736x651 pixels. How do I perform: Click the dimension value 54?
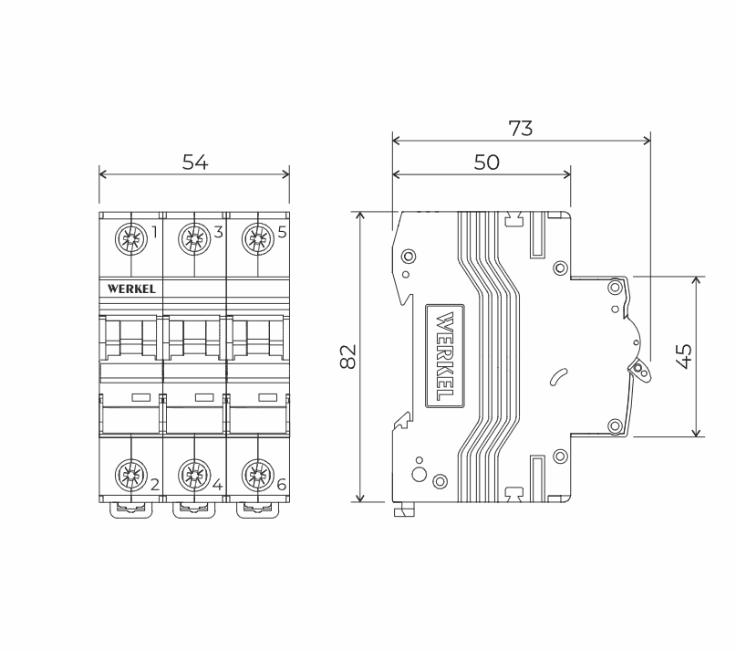pos(195,163)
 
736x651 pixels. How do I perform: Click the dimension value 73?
pos(521,129)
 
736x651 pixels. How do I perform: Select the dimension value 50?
pos(487,163)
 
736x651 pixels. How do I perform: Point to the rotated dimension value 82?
pos(348,357)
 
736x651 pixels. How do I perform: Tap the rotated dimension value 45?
pos(684,356)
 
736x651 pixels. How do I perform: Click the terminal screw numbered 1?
pos(130,239)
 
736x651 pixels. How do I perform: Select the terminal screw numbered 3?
pos(194,239)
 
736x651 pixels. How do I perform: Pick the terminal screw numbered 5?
pos(258,239)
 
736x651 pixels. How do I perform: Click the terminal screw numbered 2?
pos(130,475)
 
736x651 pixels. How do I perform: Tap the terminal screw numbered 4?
pos(194,475)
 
